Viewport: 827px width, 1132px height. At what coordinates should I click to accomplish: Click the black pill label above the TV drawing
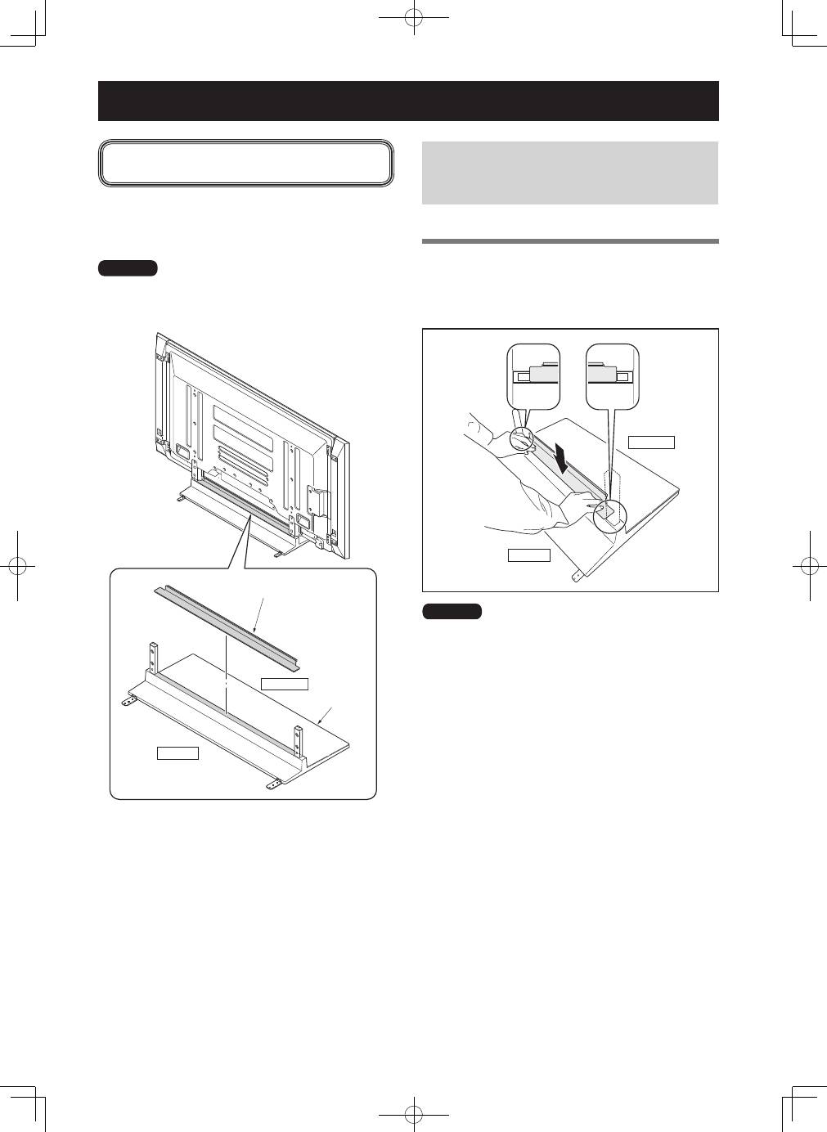[128, 268]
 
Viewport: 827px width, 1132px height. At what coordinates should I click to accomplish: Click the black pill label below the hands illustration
[452, 611]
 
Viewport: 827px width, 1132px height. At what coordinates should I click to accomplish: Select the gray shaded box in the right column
[569, 173]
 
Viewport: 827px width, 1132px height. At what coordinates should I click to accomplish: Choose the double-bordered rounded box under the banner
[246, 164]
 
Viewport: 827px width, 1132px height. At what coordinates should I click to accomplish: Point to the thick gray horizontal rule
[569, 241]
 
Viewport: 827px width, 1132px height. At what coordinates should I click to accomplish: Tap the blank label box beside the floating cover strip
[284, 683]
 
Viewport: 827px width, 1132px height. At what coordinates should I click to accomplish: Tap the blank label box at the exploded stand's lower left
[178, 752]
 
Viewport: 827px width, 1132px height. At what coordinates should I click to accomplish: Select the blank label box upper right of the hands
[651, 442]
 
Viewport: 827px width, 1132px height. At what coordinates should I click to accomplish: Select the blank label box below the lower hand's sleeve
[528, 556]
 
